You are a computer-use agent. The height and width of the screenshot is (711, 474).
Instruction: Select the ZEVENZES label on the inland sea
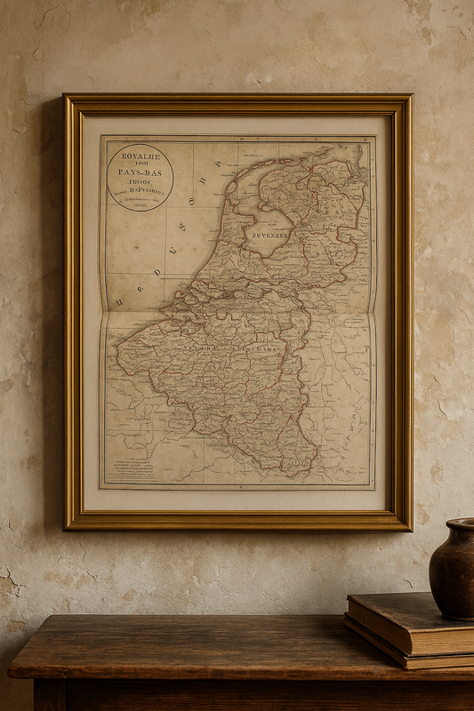tap(269, 236)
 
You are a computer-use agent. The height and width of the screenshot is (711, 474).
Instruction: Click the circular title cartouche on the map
tap(140, 177)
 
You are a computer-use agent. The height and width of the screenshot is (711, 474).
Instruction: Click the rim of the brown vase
tap(460, 524)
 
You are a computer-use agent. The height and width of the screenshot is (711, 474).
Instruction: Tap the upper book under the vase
tap(409, 622)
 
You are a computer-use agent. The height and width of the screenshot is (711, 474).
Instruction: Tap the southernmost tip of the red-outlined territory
tap(289, 472)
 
